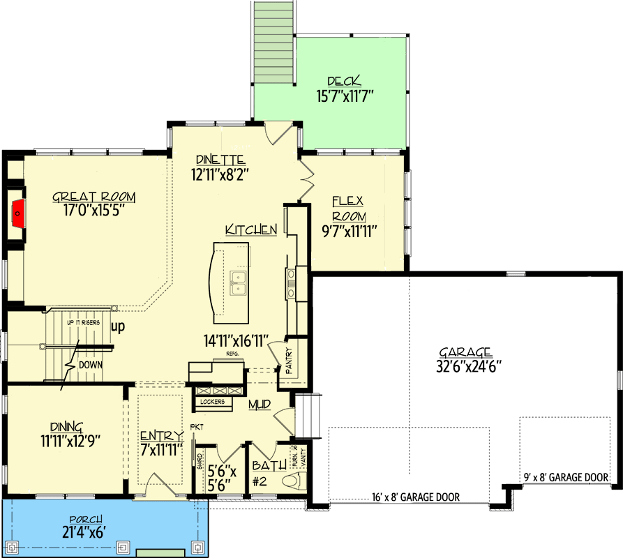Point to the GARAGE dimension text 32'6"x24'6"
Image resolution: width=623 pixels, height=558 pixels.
pyautogui.click(x=466, y=364)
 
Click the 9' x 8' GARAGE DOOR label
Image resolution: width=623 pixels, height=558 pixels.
pyautogui.click(x=566, y=478)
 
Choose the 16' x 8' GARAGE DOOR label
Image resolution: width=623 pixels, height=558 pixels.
pyautogui.click(x=416, y=498)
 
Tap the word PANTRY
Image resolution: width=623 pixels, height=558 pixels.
pyautogui.click(x=287, y=360)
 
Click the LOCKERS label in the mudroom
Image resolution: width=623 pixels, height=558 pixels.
pyautogui.click(x=212, y=402)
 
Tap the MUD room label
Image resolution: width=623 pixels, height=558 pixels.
pyautogui.click(x=260, y=404)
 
